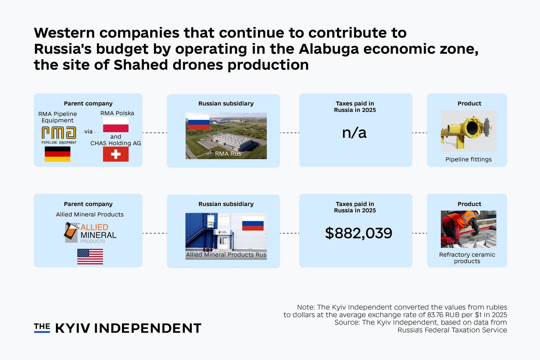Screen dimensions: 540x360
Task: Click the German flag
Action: click(x=58, y=154)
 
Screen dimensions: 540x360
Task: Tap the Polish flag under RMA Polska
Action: click(x=116, y=125)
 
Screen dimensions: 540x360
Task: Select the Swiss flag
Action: click(x=116, y=154)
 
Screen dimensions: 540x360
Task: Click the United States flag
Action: click(x=90, y=257)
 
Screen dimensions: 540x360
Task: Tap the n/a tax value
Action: click(x=354, y=133)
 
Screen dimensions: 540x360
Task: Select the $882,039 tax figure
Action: click(x=359, y=233)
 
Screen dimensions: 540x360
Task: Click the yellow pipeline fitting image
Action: click(x=468, y=131)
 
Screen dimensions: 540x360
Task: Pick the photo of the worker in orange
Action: click(x=468, y=229)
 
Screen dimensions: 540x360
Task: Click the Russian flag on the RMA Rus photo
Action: click(x=199, y=122)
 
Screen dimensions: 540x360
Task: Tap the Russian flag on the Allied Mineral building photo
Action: click(x=253, y=223)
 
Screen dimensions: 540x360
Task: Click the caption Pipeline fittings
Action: click(x=468, y=159)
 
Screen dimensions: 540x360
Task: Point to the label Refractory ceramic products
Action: click(x=467, y=258)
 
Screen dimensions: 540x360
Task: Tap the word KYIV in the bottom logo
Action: click(x=72, y=328)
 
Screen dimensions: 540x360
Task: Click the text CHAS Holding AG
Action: click(x=116, y=143)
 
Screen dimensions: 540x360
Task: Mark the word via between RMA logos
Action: click(x=89, y=131)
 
